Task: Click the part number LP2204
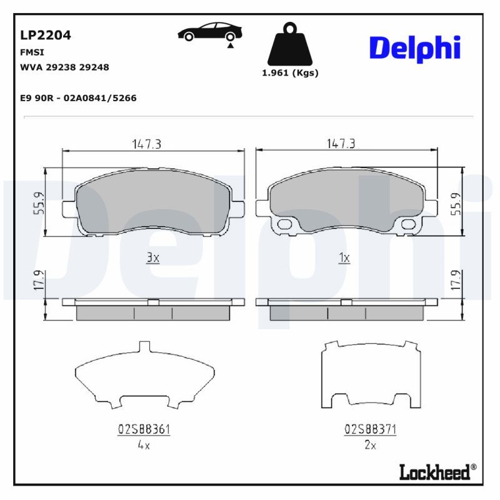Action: (46, 35)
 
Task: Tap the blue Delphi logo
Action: (414, 48)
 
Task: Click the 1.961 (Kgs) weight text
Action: (289, 72)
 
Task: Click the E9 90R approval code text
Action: (79, 98)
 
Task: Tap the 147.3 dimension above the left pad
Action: (147, 144)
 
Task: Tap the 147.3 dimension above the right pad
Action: (341, 144)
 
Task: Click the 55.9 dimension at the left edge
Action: (38, 202)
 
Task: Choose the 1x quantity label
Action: (343, 257)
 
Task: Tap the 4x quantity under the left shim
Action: (144, 445)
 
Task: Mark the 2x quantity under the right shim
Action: (370, 445)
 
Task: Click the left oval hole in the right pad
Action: (285, 224)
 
